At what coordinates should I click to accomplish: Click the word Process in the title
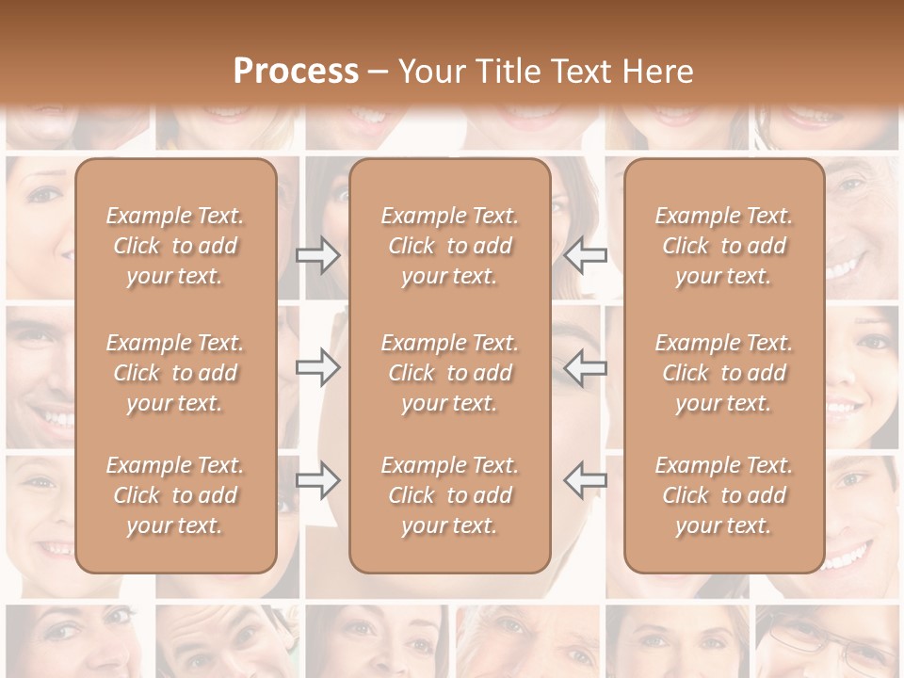point(296,72)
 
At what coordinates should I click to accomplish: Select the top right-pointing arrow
point(318,255)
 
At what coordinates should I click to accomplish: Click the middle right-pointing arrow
point(318,367)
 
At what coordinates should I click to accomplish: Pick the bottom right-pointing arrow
point(318,480)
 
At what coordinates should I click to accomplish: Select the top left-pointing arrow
point(585,255)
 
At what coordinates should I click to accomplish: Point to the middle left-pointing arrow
point(585,367)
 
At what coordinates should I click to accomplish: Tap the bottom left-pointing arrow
point(585,480)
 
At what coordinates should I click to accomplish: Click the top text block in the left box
point(175,246)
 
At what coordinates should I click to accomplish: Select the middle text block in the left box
point(175,373)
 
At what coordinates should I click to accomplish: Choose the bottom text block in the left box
point(175,495)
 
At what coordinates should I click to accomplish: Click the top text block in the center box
point(449,246)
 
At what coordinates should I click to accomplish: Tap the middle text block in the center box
point(449,373)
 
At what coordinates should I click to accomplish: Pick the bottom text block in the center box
point(449,495)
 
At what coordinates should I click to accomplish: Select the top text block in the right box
point(724,246)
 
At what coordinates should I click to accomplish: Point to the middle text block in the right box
point(724,373)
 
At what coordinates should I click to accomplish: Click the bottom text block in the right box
point(724,495)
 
